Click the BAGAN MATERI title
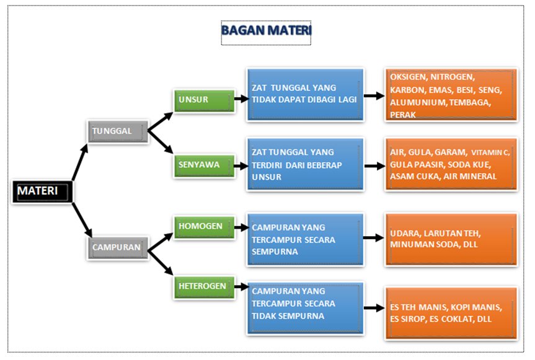[266, 30]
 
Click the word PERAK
[403, 115]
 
